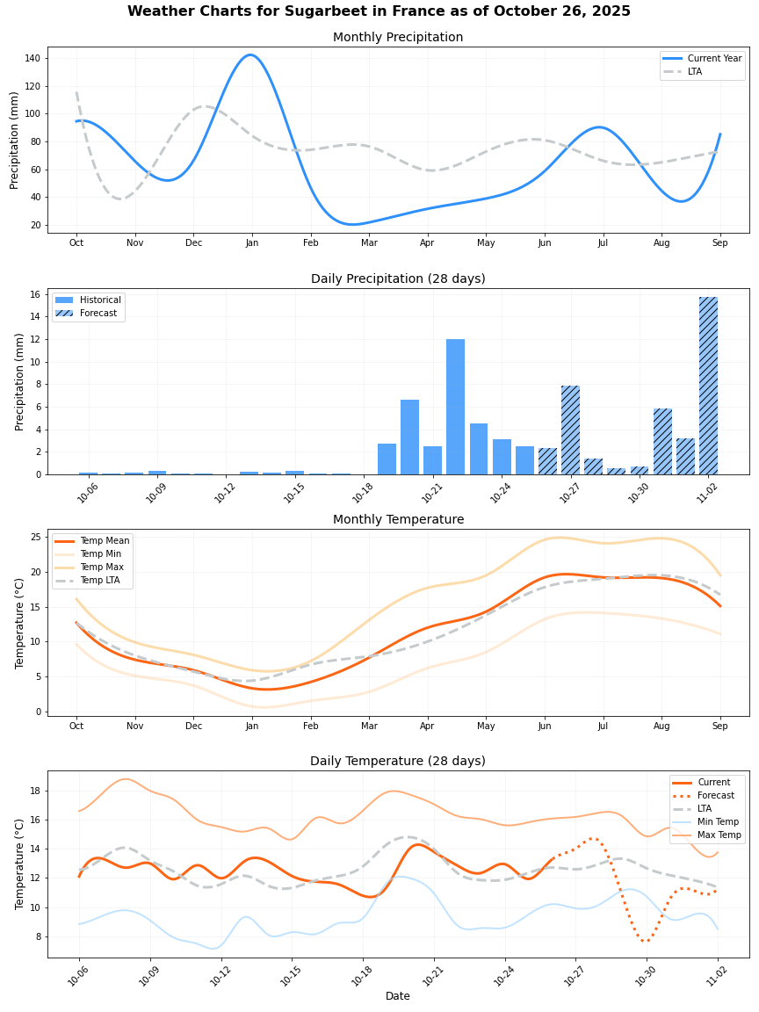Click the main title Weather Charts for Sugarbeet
tap(379, 11)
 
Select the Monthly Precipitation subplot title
tap(397, 38)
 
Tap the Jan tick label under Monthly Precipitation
tap(251, 242)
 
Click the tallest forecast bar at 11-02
tap(708, 386)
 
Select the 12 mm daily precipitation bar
tap(455, 407)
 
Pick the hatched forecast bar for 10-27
tap(570, 430)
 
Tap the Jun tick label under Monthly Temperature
tap(545, 726)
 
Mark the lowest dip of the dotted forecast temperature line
tap(646, 941)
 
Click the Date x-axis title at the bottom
tap(397, 996)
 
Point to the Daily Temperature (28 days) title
tap(397, 762)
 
